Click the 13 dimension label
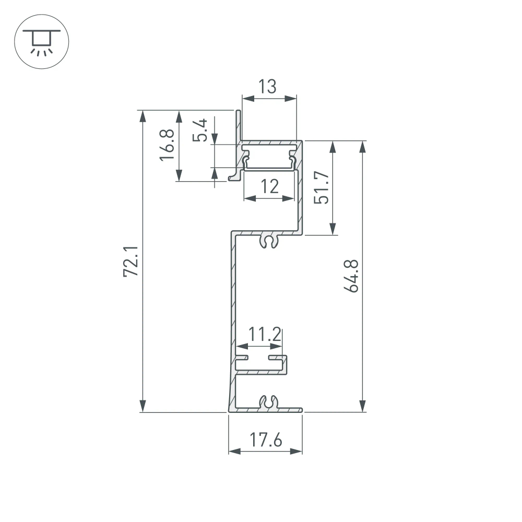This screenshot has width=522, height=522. point(268,86)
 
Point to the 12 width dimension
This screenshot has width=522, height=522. point(269,186)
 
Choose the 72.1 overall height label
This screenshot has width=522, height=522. point(130,262)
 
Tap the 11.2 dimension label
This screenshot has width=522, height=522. point(265,334)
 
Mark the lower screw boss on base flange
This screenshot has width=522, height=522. point(268,402)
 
